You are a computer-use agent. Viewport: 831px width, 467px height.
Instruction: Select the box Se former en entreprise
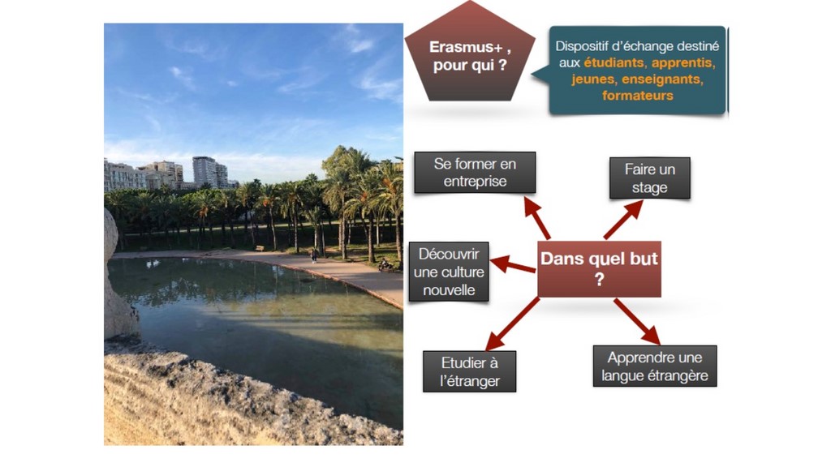475,173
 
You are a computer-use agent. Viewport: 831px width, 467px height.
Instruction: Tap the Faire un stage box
650,178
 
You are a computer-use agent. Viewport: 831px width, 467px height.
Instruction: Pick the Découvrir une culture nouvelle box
449,272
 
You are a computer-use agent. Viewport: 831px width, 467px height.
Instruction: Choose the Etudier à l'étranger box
470,371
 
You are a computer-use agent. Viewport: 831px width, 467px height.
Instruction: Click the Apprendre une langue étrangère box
655,366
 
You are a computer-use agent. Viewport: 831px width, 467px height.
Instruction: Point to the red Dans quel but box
600,269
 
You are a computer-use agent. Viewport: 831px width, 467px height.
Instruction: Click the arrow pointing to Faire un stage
623,220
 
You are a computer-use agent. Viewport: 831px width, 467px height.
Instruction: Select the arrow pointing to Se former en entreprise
537,217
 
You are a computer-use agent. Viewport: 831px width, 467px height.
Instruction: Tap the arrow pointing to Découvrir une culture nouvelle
513,264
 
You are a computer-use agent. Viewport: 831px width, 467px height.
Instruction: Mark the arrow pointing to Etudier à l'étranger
513,324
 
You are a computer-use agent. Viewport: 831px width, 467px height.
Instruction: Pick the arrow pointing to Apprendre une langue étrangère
637,322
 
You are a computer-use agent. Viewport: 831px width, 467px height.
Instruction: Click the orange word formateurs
638,96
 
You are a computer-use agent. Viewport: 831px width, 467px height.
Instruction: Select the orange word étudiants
614,63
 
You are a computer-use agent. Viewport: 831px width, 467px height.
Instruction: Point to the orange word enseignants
662,79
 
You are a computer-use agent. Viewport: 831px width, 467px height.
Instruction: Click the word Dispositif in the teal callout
578,46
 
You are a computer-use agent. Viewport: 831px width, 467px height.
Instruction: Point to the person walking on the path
314,255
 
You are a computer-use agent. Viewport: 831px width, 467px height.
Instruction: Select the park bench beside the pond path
260,248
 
